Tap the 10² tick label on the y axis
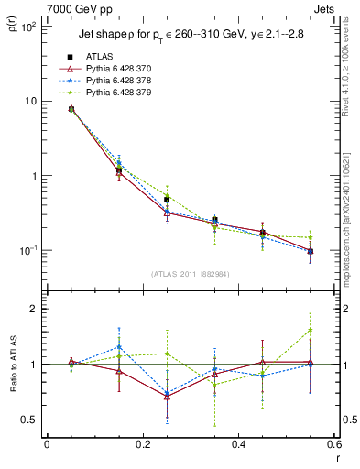pyautogui.click(x=29, y=26)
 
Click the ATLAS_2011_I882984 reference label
pyautogui.click(x=191, y=274)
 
